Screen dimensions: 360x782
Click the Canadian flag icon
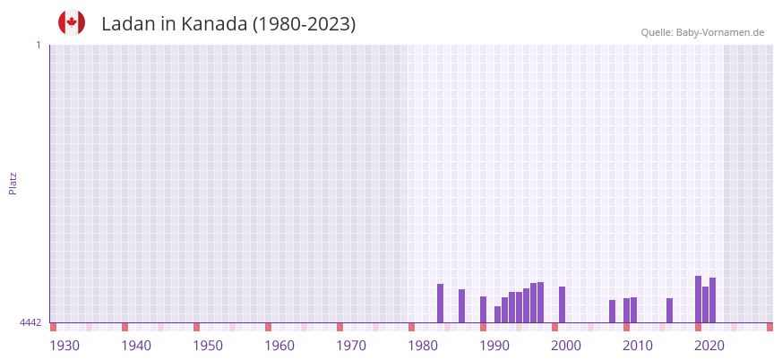coord(72,23)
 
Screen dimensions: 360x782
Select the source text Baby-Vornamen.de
coord(719,33)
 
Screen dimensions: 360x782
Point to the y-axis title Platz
coord(13,183)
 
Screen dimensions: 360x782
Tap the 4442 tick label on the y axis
coord(30,322)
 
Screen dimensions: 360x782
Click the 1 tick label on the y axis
coord(38,45)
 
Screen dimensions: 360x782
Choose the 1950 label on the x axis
coord(208,346)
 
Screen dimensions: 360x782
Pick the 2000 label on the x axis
coord(566,346)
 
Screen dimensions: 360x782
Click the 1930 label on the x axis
coord(64,346)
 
